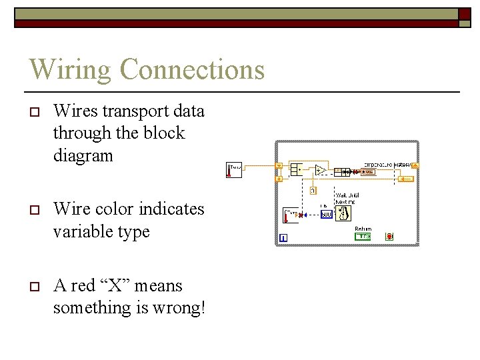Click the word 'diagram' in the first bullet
click(83, 156)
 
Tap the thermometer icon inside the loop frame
click(291, 215)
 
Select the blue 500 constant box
click(326, 215)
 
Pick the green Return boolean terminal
click(363, 237)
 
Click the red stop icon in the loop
click(389, 236)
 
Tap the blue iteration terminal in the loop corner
click(284, 238)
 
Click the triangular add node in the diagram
click(321, 171)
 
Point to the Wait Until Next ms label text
click(345, 199)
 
